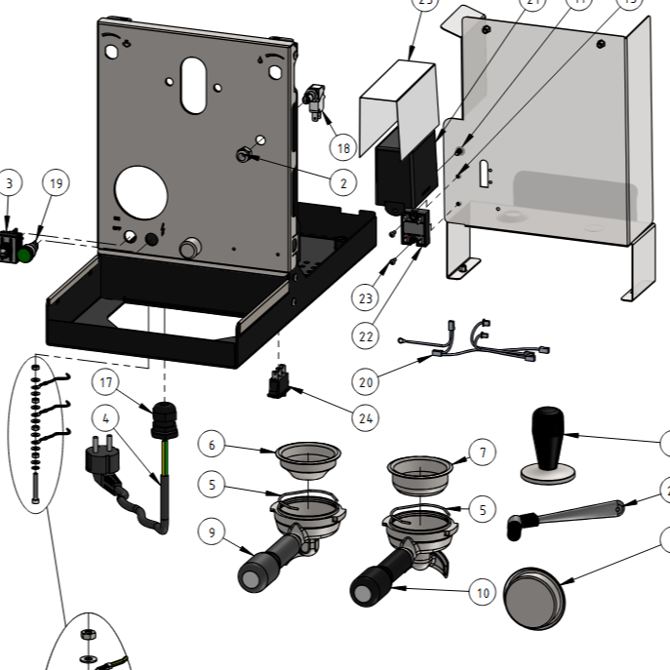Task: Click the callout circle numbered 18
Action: pyautogui.click(x=341, y=148)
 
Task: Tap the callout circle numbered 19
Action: pyautogui.click(x=56, y=182)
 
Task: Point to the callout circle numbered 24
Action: pyautogui.click(x=365, y=418)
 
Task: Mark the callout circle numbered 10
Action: pyautogui.click(x=482, y=591)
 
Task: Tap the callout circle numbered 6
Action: pyautogui.click(x=212, y=445)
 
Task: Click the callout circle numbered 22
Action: pyautogui.click(x=366, y=335)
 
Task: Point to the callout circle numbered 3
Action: pyautogui.click(x=10, y=182)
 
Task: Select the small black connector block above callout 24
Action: pyautogui.click(x=279, y=381)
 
